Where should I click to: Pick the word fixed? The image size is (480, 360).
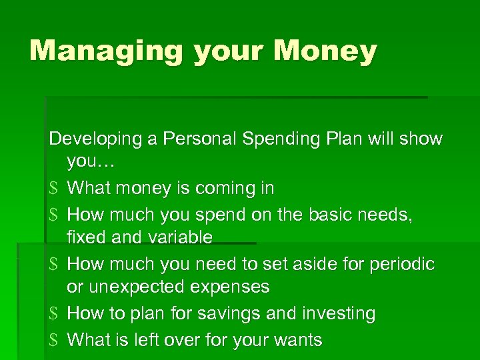coord(87,237)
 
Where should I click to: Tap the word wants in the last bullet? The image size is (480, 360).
coord(297,340)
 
